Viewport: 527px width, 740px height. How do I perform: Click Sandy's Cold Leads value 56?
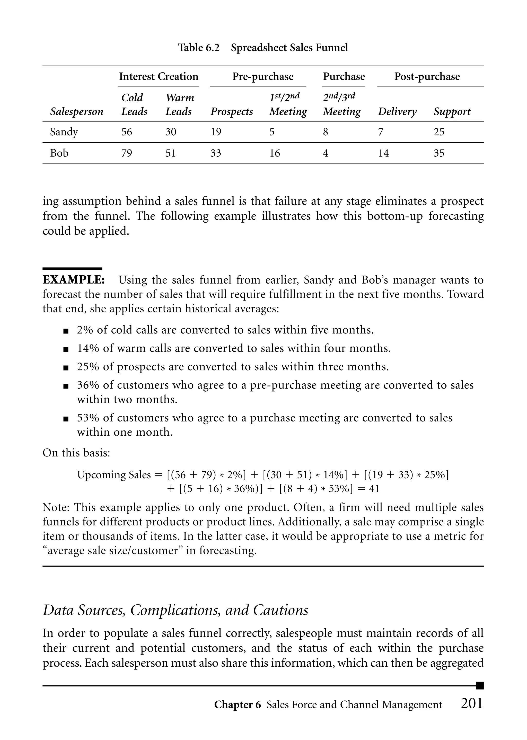click(x=127, y=132)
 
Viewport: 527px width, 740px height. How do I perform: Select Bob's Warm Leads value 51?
click(x=171, y=153)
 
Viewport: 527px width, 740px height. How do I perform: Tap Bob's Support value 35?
click(x=439, y=153)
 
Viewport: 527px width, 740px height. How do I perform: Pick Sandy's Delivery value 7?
click(x=381, y=132)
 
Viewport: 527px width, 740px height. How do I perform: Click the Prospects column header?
click(x=232, y=112)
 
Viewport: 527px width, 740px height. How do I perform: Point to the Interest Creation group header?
click(x=159, y=77)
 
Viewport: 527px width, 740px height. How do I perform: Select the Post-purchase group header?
click(x=427, y=77)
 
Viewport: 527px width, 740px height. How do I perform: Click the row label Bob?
click(x=59, y=153)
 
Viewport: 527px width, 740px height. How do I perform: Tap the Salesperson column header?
click(x=77, y=112)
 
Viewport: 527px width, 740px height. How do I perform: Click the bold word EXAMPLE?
click(x=74, y=280)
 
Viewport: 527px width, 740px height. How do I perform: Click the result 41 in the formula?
click(x=374, y=489)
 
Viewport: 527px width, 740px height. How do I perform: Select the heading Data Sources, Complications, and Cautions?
click(x=175, y=610)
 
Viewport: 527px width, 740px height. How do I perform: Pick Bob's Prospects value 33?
click(x=216, y=153)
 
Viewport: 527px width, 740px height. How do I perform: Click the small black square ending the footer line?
click(x=480, y=685)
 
